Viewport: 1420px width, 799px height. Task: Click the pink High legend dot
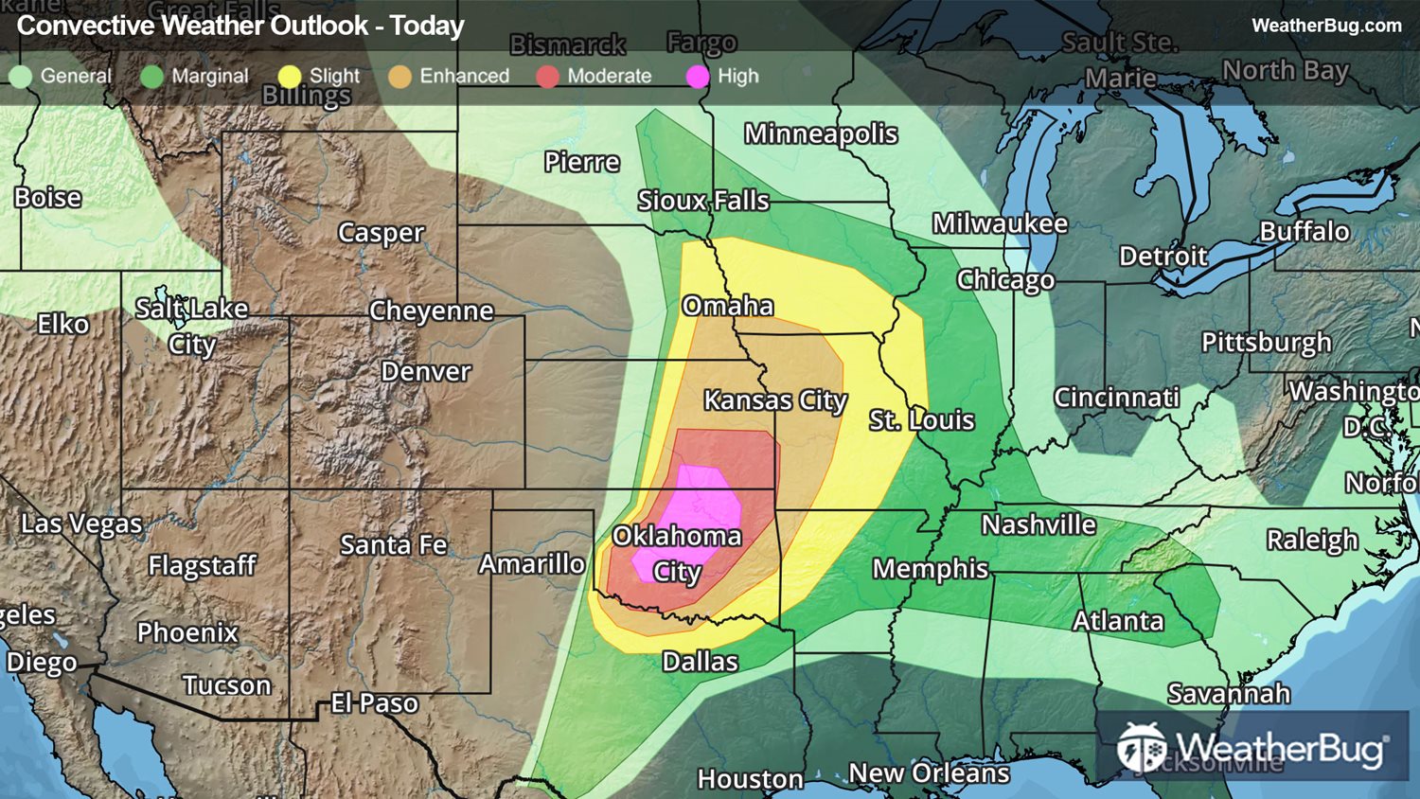coord(698,77)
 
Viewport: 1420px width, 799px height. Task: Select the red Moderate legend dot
coord(547,77)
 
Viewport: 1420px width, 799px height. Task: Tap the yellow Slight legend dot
coord(290,77)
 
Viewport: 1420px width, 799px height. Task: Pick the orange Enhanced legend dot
coord(399,77)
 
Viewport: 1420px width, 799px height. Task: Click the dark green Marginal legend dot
coord(151,77)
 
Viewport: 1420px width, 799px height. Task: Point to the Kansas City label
coord(775,400)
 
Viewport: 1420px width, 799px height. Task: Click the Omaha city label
coord(727,306)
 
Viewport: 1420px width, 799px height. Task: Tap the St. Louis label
coord(921,420)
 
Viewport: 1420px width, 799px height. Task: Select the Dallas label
coord(700,662)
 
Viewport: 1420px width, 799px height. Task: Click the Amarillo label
coord(531,564)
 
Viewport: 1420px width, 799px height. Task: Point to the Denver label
coord(425,372)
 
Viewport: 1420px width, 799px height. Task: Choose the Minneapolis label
coord(820,134)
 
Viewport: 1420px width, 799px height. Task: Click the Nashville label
coord(1038,524)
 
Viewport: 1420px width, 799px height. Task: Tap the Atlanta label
coord(1118,621)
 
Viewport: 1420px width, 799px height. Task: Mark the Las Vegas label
coord(81,524)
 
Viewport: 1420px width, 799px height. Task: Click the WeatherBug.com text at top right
coord(1325,26)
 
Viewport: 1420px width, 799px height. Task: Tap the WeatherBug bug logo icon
coord(1141,748)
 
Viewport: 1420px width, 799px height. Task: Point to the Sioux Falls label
coord(702,201)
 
